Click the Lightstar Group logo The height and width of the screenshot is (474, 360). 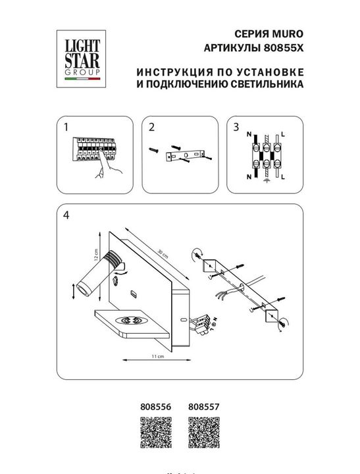pos(81,57)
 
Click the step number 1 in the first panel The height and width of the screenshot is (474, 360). pos(64,127)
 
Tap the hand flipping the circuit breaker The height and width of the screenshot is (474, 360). pos(106,170)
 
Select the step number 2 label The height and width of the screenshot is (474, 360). pos(151,127)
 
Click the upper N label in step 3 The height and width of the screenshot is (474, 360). pos(248,134)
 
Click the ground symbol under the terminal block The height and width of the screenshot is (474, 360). pos(266,182)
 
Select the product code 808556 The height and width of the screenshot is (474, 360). pos(156,408)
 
